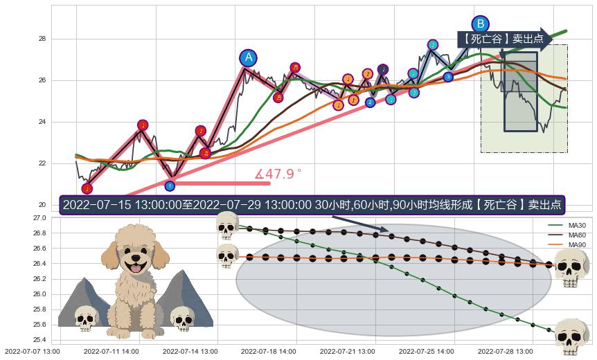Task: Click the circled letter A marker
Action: pos(248,58)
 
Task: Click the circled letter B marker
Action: pos(480,24)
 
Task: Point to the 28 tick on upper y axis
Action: pos(42,39)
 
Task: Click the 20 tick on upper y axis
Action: pos(42,205)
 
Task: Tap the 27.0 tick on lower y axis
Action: pos(39,218)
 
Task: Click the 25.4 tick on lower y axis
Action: pos(39,340)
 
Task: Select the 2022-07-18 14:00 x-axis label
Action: pos(268,352)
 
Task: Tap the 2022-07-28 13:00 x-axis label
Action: pos(504,352)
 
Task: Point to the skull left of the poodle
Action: pos(86,319)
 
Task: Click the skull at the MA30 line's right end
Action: pos(571,336)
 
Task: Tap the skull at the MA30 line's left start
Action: pos(226,225)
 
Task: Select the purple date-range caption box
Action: pos(312,205)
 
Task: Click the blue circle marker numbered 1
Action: pos(170,186)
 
